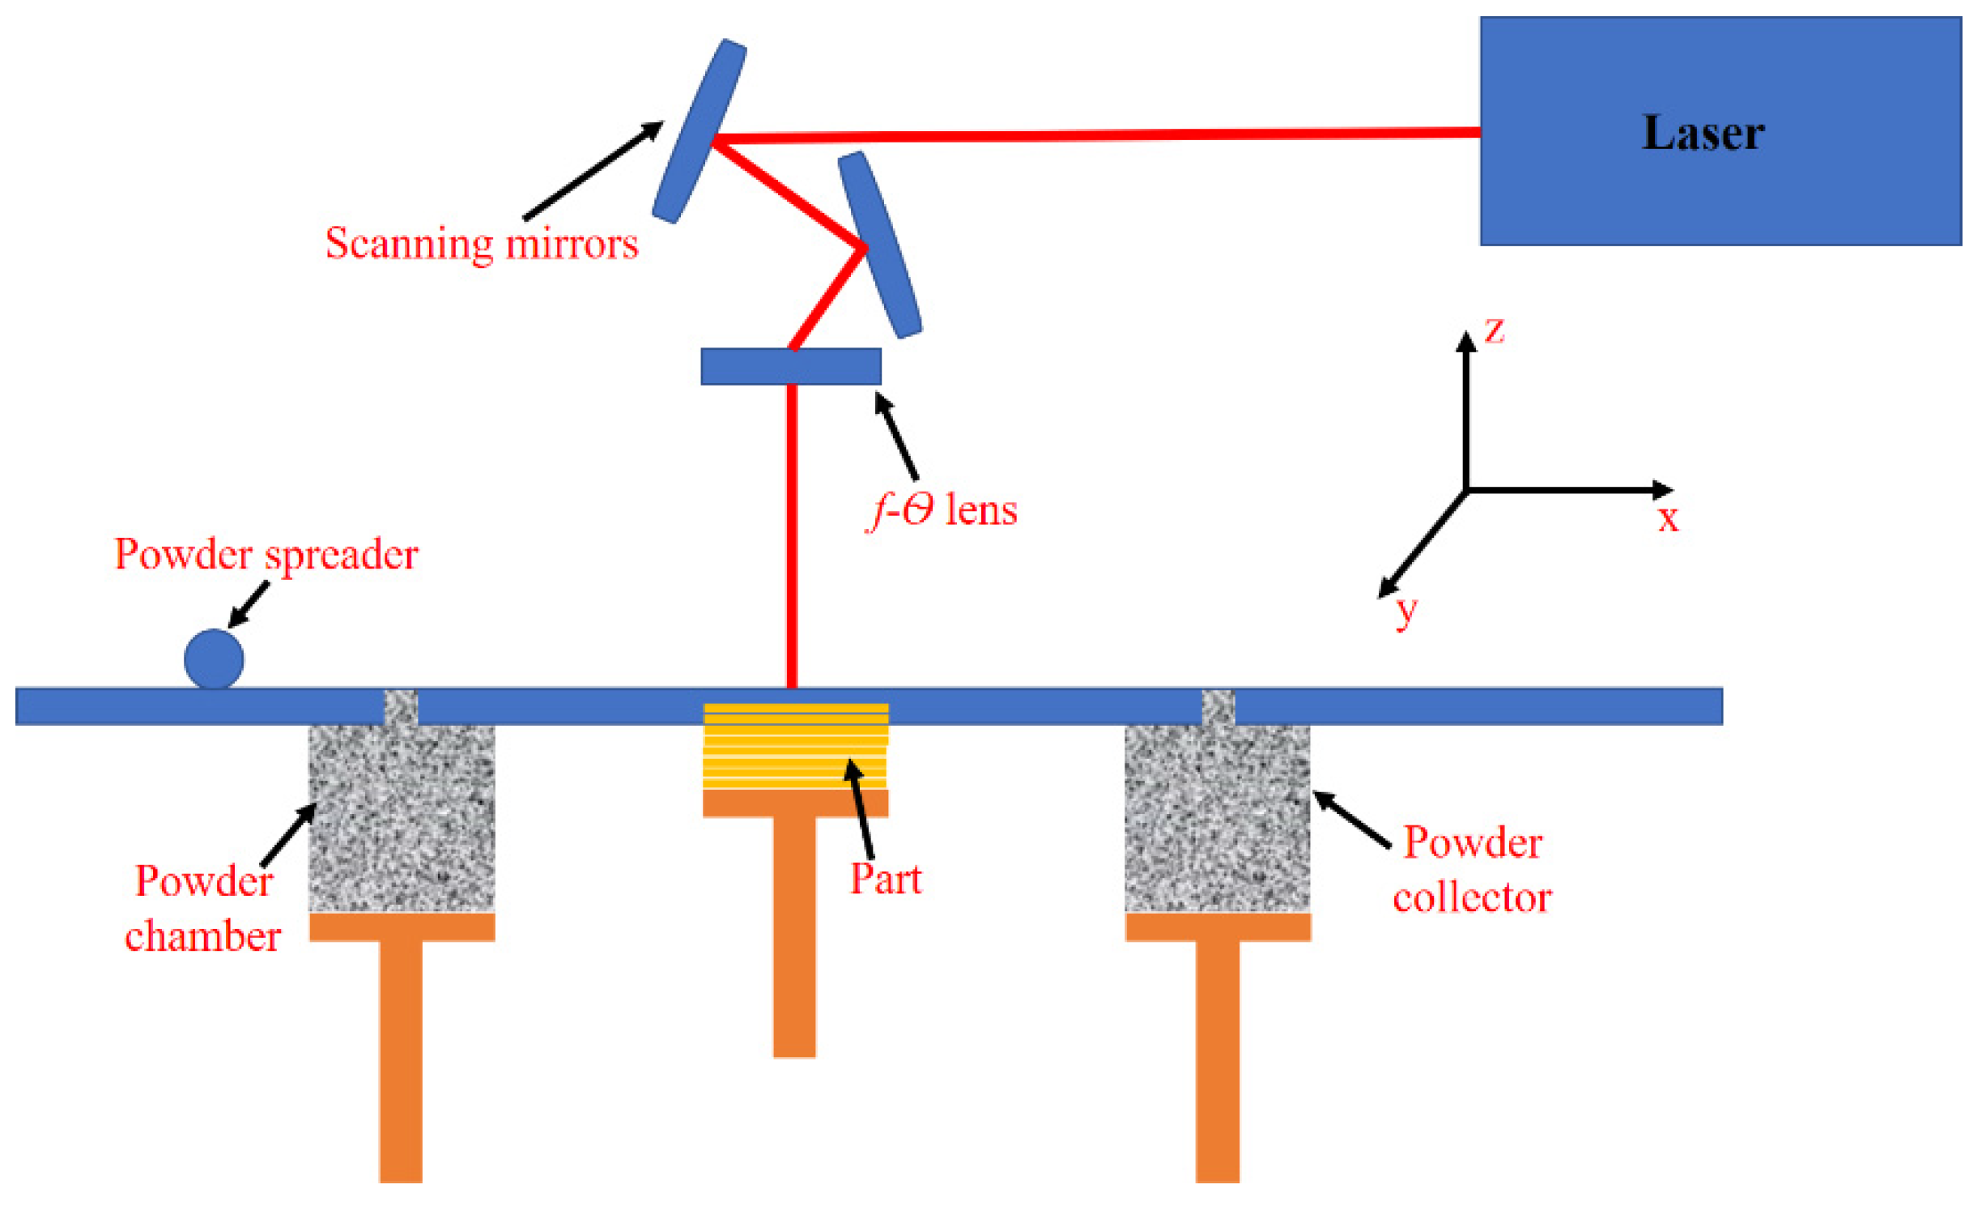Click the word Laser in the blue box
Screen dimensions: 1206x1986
pos(1702,133)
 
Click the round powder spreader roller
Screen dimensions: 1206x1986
pos(214,658)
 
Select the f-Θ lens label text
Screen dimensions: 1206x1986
pos(942,510)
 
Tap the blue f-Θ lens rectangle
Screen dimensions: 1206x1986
pos(790,366)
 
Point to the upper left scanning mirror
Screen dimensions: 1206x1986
pos(700,131)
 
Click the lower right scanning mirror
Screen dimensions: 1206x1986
pos(879,245)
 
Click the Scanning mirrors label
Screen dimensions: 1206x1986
pos(482,243)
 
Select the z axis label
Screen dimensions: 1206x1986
pos(1494,330)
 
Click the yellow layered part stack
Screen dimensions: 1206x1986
pos(795,746)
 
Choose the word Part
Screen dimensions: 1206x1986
pos(886,879)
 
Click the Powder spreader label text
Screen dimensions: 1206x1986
pos(266,555)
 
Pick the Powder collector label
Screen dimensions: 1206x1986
pos(1472,870)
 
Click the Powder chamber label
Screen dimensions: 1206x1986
pos(203,909)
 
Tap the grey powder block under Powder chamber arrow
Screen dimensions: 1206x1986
pos(402,818)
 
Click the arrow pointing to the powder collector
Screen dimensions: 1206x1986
pos(1351,819)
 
